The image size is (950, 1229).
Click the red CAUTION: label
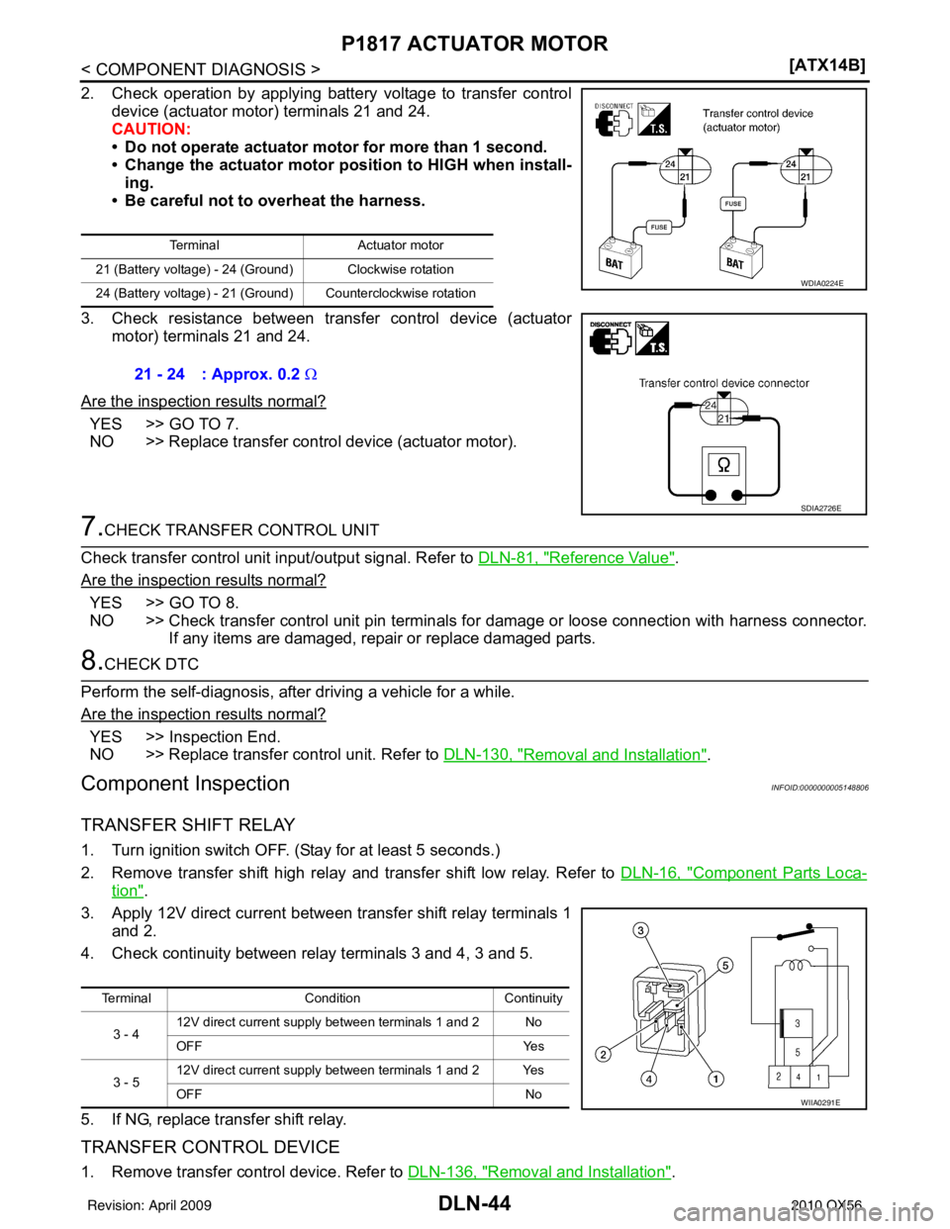tap(151, 129)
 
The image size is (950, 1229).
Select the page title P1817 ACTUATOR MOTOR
tap(474, 44)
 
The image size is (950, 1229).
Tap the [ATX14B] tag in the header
tap(826, 65)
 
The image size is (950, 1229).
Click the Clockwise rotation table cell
tap(401, 269)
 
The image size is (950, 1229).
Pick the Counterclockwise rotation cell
tap(401, 293)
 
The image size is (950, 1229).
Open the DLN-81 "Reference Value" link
tap(576, 558)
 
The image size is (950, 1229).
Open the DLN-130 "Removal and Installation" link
tap(575, 754)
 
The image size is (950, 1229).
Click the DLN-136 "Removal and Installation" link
tap(539, 1172)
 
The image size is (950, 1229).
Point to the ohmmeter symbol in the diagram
tap(723, 465)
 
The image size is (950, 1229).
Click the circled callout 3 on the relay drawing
tap(640, 930)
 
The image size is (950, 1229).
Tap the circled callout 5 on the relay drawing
tap(725, 965)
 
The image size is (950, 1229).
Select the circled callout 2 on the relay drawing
tap(604, 1055)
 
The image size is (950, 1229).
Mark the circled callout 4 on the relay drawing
tap(648, 1080)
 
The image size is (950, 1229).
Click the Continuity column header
tap(533, 998)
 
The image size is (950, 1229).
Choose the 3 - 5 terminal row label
tap(126, 1082)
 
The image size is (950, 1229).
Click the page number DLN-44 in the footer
tap(474, 1203)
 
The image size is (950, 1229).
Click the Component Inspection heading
tap(185, 784)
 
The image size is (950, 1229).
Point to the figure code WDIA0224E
tap(821, 283)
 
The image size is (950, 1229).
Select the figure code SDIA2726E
tap(820, 508)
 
